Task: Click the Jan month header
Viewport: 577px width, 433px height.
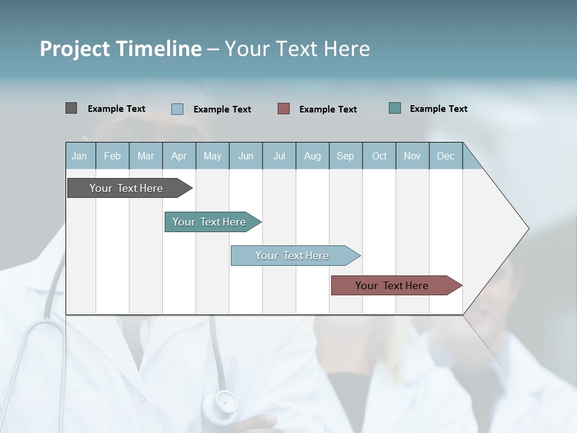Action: coord(79,156)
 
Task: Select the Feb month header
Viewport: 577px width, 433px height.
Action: coord(112,156)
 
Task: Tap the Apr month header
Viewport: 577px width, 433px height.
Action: coord(179,156)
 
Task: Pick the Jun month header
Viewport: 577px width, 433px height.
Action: coord(246,156)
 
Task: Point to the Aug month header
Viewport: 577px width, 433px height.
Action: coord(312,156)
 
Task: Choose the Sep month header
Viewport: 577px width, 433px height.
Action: coord(345,156)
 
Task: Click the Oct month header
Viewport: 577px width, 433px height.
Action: coord(379,156)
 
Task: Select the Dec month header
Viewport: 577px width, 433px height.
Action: coord(445,156)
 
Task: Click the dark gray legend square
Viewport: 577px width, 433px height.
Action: coord(71,108)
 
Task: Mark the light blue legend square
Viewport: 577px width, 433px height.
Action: coord(177,109)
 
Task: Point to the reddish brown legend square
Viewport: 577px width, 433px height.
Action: coord(284,109)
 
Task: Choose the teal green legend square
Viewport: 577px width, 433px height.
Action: coord(395,108)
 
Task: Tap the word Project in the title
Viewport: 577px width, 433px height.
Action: coord(75,49)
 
